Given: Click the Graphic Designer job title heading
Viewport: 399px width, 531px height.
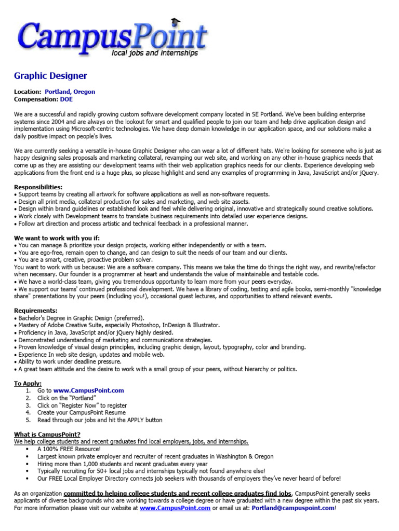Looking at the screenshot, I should click(50, 76).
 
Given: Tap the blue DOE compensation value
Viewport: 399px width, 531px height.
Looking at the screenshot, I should click(66, 99).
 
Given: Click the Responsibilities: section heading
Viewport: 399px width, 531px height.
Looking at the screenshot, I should click(38, 187).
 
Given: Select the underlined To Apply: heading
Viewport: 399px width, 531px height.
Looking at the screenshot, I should click(28, 383).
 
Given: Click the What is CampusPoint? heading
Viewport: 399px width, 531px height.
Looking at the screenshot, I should click(47, 434).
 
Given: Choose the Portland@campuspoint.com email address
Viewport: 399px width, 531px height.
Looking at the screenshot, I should click(293, 509).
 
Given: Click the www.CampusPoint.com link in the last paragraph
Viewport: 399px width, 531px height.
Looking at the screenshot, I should click(175, 509).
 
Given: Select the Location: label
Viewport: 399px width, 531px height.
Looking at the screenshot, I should click(28, 92).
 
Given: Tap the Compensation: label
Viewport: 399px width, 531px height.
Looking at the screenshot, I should click(36, 99).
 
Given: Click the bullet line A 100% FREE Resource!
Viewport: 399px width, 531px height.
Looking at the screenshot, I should click(69, 449).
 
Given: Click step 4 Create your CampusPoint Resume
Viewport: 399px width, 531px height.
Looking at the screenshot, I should click(82, 413).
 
